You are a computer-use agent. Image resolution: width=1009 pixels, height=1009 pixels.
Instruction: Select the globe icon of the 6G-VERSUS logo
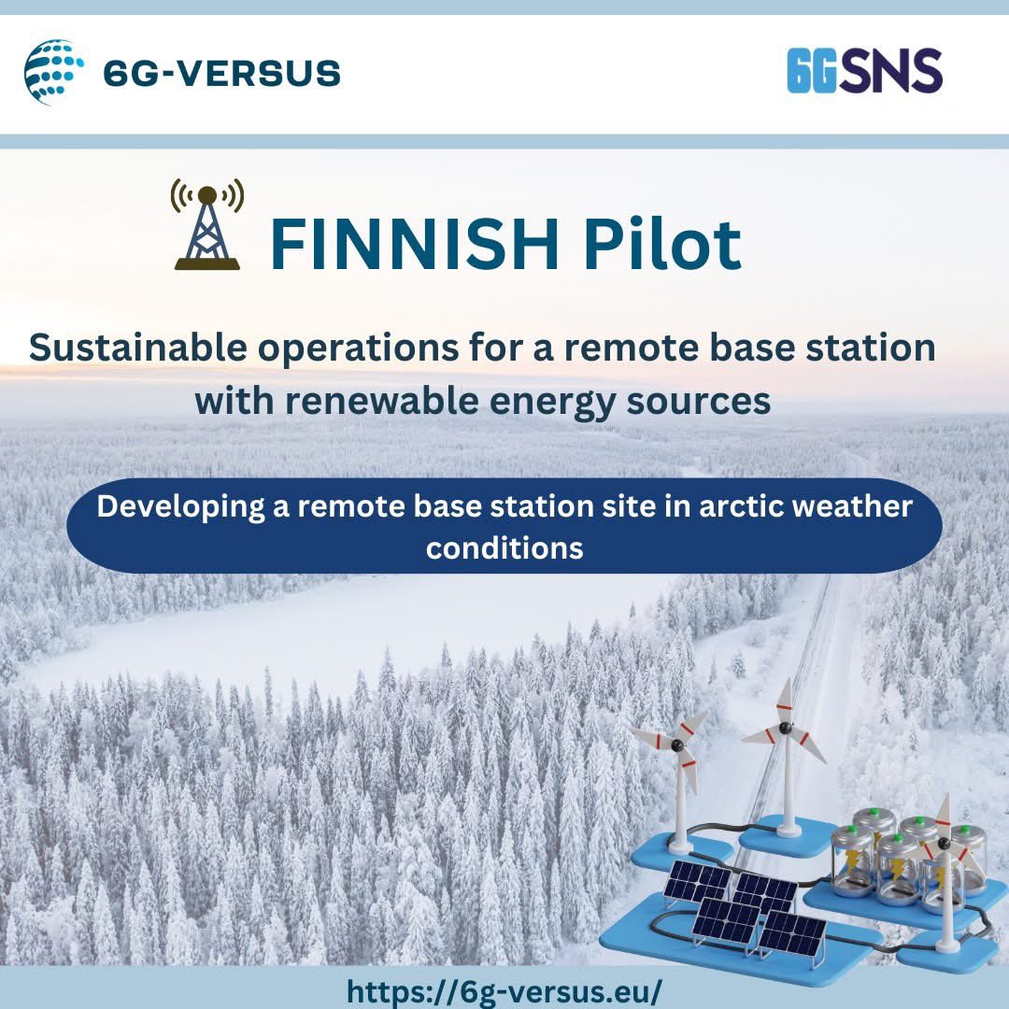(x=53, y=72)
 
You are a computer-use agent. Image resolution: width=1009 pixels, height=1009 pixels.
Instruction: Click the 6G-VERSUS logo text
(x=221, y=73)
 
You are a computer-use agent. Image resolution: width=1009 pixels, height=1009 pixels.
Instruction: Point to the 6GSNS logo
(x=864, y=72)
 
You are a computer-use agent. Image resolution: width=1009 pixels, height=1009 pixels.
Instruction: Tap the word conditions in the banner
(x=504, y=547)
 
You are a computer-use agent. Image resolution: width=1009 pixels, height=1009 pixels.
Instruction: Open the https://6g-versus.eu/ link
(x=504, y=990)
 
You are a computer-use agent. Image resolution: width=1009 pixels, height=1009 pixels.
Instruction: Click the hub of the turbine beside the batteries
(x=943, y=844)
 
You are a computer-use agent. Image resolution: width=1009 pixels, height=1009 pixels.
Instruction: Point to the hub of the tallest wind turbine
(x=785, y=727)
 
